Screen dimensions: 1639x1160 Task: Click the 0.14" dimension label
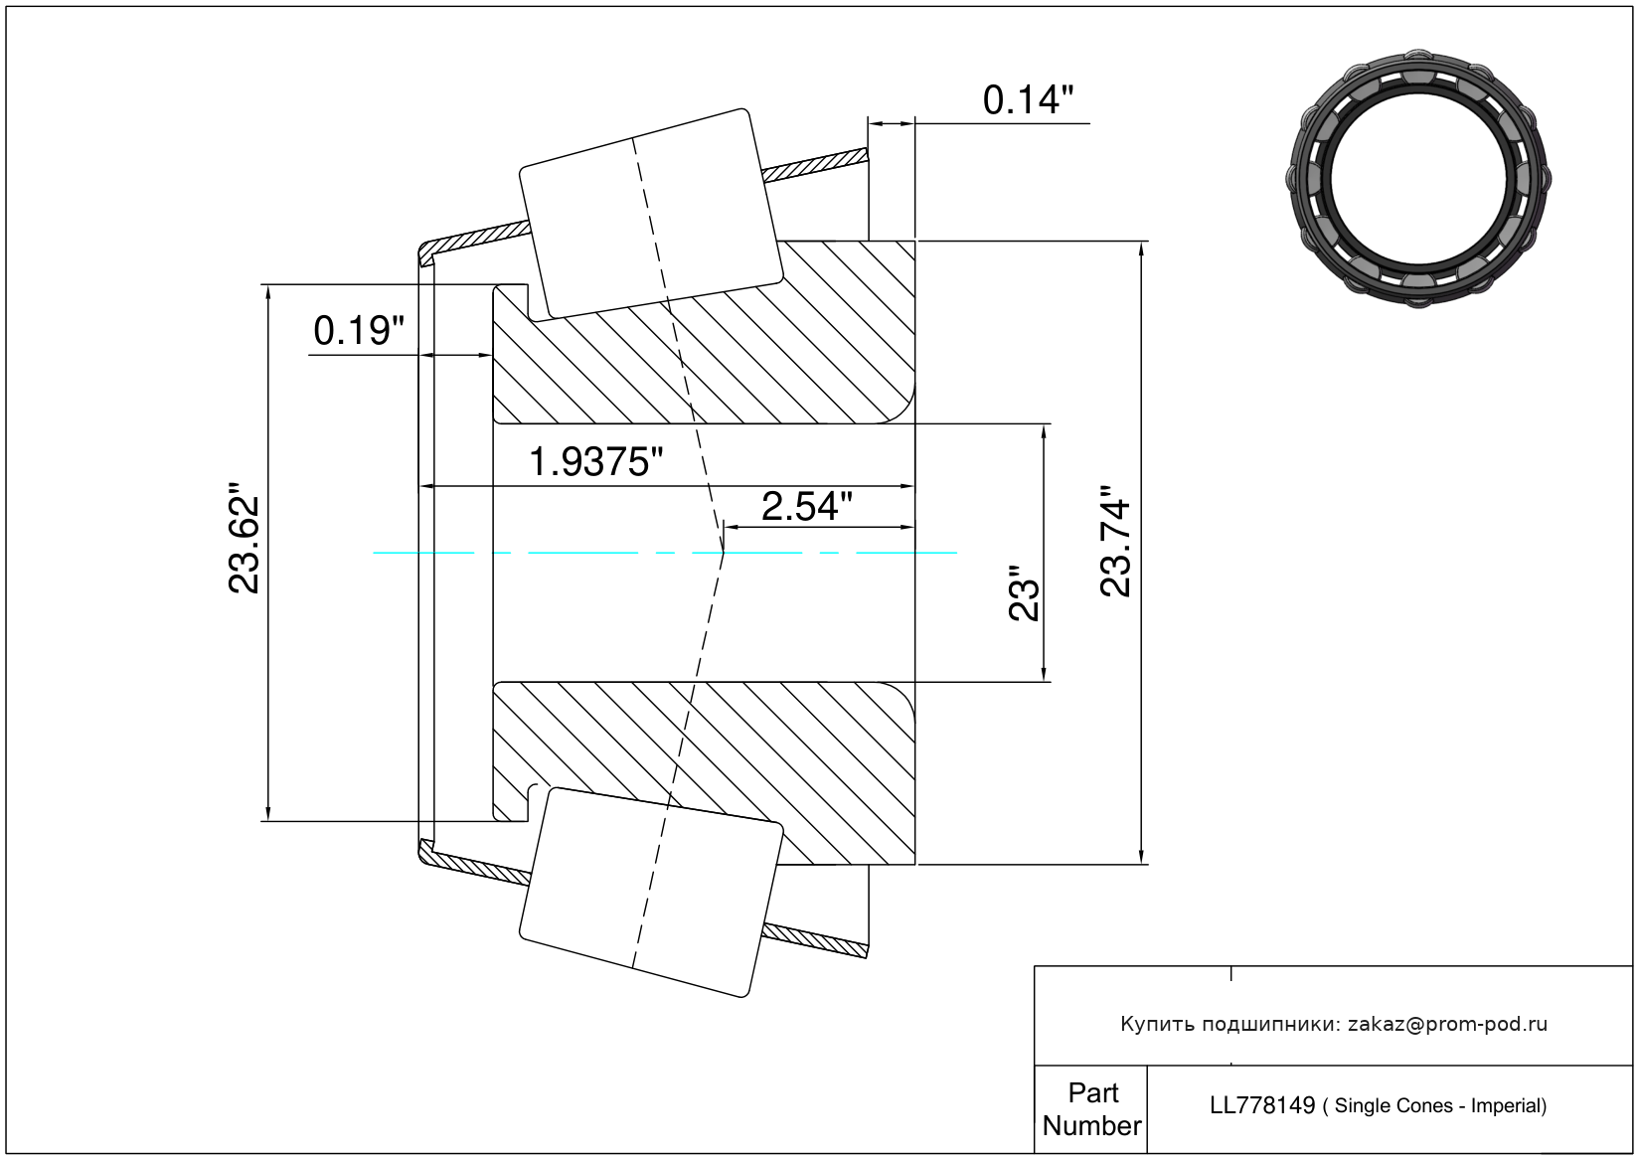pos(1028,100)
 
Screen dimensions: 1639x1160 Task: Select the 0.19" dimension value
pos(359,331)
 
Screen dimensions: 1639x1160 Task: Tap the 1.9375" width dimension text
pos(595,462)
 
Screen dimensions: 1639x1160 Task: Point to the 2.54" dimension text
pos(807,507)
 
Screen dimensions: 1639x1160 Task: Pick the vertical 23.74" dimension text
pos(1116,541)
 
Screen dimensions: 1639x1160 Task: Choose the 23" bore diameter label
pos(1024,592)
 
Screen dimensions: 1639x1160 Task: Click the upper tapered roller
pos(651,215)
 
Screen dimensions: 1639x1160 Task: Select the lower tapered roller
pos(651,893)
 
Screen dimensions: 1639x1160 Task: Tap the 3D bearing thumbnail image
pos(1418,179)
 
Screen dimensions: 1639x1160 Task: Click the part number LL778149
pos(1262,1105)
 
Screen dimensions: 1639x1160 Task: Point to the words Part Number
pos(1092,1108)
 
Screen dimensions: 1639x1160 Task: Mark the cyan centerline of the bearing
pos(665,553)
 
